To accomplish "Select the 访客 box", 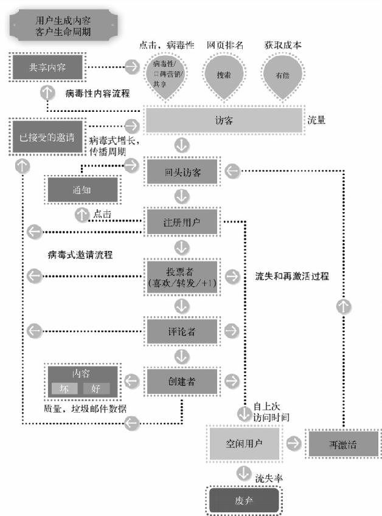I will pyautogui.click(x=223, y=120).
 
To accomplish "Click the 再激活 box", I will pyautogui.click(x=340, y=444).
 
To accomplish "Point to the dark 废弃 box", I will pyautogui.click(x=244, y=501).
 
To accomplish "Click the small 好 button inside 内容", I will pyautogui.click(x=96, y=388).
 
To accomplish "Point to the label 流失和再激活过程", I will pyautogui.click(x=292, y=275).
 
